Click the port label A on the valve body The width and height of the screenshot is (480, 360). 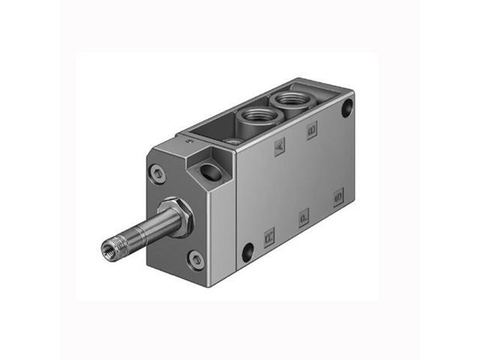point(280,147)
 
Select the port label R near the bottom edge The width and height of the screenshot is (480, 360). point(270,238)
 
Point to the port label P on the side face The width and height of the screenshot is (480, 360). point(303,217)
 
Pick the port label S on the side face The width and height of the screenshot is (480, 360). point(338,198)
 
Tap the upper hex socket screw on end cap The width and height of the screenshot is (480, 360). point(157,174)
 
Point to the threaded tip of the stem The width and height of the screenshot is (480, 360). point(110,247)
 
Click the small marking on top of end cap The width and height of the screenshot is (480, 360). point(188,140)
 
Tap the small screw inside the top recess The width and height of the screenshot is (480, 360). point(233,140)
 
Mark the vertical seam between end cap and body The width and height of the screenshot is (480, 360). point(236,217)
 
